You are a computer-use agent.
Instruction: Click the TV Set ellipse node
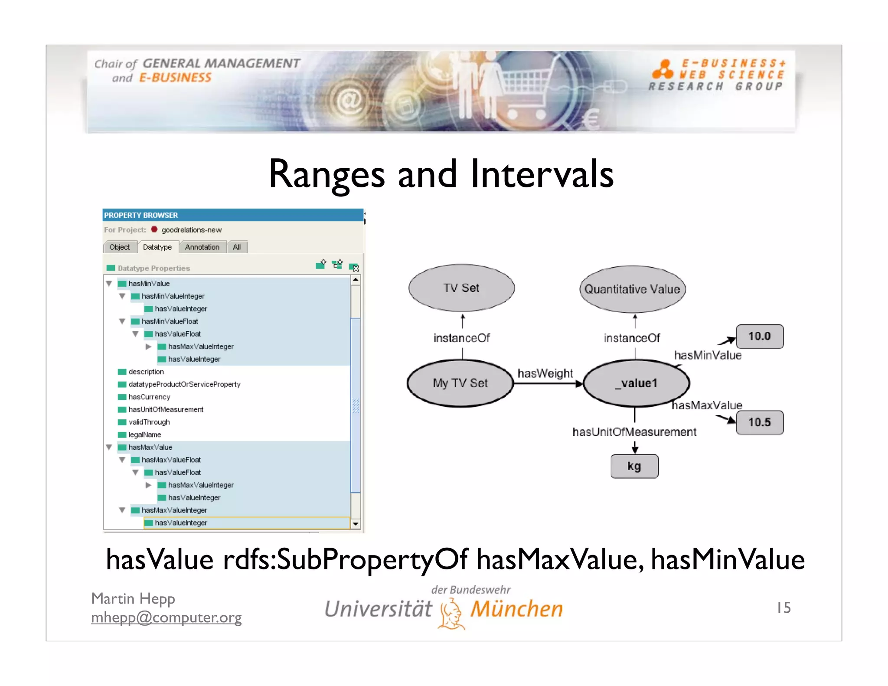pyautogui.click(x=461, y=288)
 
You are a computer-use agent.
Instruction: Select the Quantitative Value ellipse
pyautogui.click(x=632, y=289)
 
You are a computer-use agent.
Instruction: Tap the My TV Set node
pyautogui.click(x=460, y=383)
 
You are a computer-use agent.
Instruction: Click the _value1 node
pyautogui.click(x=636, y=383)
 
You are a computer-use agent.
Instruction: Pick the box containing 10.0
pyautogui.click(x=760, y=336)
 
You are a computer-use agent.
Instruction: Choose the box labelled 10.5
pyautogui.click(x=760, y=422)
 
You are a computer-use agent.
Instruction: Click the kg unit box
pyautogui.click(x=634, y=466)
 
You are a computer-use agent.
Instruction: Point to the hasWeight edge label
pyautogui.click(x=545, y=373)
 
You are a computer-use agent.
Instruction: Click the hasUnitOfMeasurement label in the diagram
pyautogui.click(x=634, y=432)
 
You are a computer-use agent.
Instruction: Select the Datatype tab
pyautogui.click(x=157, y=247)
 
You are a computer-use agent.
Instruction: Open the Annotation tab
pyautogui.click(x=202, y=247)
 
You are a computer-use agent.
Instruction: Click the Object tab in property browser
pyautogui.click(x=120, y=247)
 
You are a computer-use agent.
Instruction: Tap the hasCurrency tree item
pyautogui.click(x=149, y=397)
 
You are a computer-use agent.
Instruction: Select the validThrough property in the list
pyautogui.click(x=149, y=422)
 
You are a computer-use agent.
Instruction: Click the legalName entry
pyautogui.click(x=145, y=434)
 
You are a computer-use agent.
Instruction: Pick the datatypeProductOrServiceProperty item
pyautogui.click(x=184, y=384)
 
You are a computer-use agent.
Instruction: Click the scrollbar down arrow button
pyautogui.click(x=356, y=524)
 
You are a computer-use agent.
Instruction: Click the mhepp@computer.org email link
pyautogui.click(x=166, y=617)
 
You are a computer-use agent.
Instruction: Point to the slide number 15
pyautogui.click(x=784, y=608)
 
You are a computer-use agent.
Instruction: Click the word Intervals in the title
pyautogui.click(x=542, y=174)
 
